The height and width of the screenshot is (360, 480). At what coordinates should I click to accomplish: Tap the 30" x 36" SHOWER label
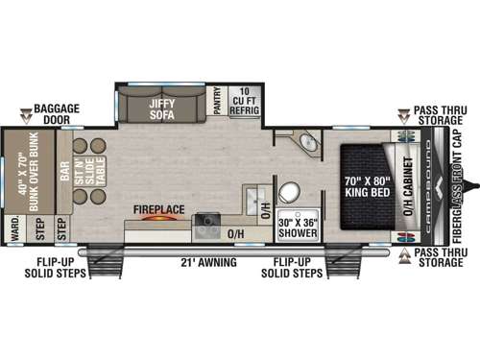[299, 227]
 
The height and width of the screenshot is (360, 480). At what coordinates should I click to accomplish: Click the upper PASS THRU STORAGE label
[443, 118]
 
